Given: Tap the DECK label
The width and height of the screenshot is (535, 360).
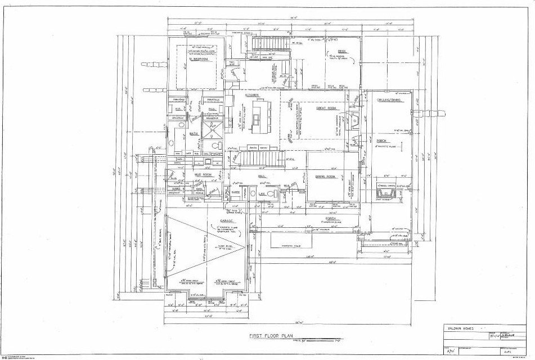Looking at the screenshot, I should tap(336, 52).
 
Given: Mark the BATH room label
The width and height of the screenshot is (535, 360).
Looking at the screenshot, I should tap(194, 133).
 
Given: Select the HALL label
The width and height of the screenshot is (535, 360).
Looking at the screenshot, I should tap(262, 176).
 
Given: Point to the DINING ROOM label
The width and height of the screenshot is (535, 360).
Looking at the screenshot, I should tap(325, 176).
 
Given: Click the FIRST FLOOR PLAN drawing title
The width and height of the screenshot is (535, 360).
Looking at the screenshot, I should tap(273, 336).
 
